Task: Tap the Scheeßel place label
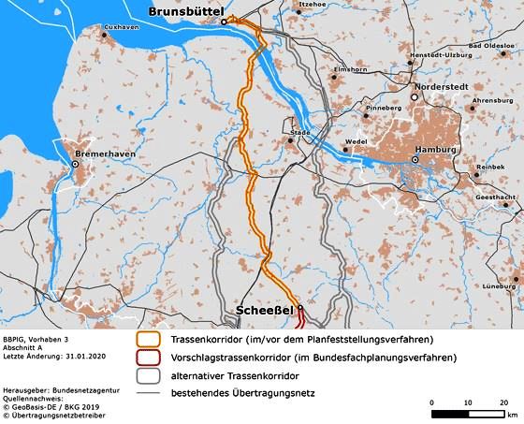pos(265,309)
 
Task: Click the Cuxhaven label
pos(123,28)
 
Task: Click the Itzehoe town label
pos(312,5)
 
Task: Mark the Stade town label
pos(299,133)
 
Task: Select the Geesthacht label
pos(493,198)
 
